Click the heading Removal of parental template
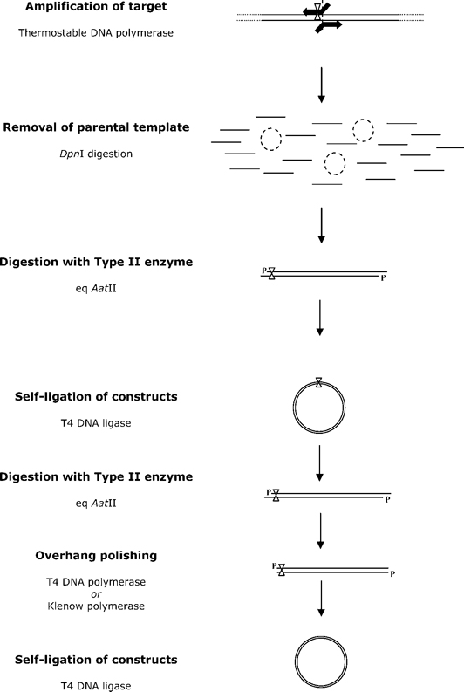tap(108, 127)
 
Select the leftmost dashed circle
tap(271, 139)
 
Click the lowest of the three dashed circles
tap(333, 163)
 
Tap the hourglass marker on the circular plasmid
tap(320, 382)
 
